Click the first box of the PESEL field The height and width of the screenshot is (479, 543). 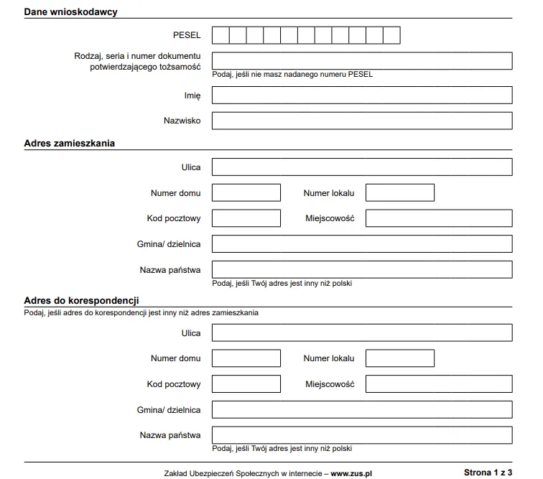[221, 35]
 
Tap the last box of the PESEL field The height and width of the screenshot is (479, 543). [391, 35]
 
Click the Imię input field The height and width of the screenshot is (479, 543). [362, 96]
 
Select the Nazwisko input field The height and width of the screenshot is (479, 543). [362, 121]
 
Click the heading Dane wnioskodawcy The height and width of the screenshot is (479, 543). [71, 12]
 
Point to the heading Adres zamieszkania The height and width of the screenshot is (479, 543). [70, 143]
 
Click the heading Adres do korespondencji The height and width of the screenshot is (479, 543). [81, 300]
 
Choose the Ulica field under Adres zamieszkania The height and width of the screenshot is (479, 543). [362, 167]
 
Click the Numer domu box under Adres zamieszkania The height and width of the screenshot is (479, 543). [246, 192]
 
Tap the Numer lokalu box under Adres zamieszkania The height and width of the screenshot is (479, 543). [400, 192]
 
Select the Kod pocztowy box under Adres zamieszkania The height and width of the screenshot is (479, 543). [246, 218]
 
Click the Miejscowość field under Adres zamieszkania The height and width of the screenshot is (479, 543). [439, 218]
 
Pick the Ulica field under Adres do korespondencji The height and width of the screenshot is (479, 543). [362, 333]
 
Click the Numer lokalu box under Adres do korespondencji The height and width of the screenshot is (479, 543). [400, 358]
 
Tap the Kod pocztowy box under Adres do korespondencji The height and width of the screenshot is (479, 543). [246, 384]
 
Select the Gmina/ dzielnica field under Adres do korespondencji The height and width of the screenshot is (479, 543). [362, 410]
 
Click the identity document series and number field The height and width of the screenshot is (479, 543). [362, 60]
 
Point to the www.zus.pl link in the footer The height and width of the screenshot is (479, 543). [351, 473]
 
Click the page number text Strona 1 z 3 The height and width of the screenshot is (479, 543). [488, 473]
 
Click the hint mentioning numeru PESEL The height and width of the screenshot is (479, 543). [292, 74]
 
